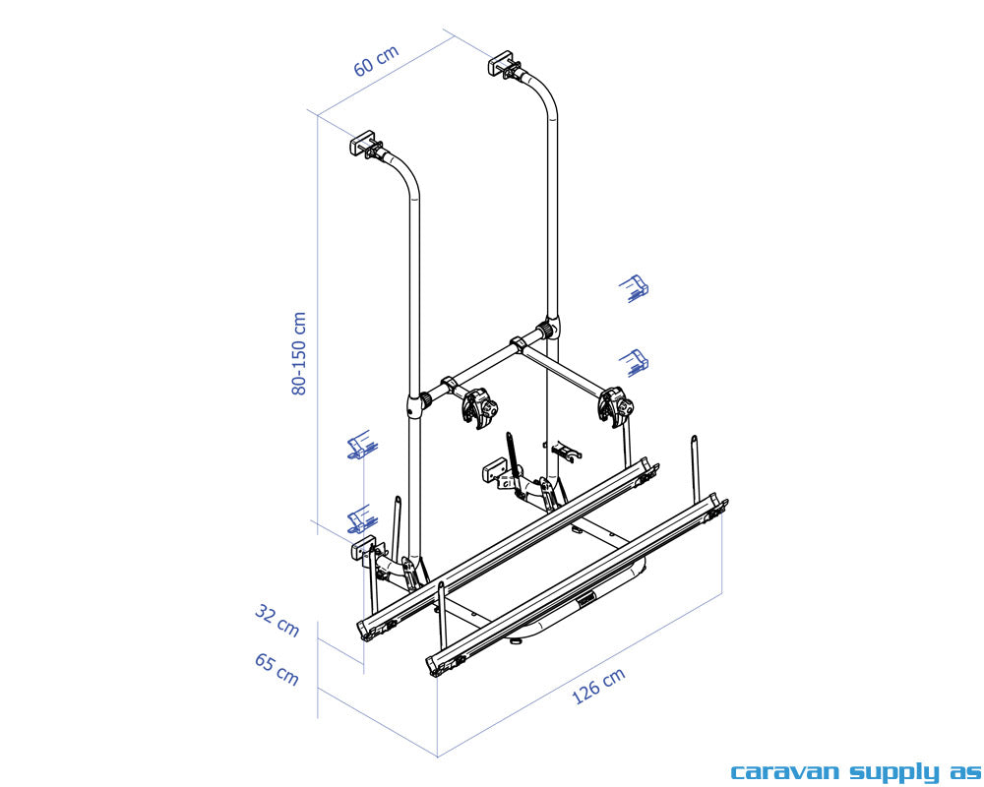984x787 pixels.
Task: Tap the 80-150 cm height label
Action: pyautogui.click(x=299, y=353)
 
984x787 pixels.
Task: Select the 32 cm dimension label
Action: pyautogui.click(x=277, y=620)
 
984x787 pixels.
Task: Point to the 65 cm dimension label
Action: pyautogui.click(x=277, y=669)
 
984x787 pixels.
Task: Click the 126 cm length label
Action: pyautogui.click(x=598, y=686)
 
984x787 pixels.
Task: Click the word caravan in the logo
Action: pyautogui.click(x=785, y=771)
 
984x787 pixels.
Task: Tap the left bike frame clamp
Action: pyautogui.click(x=479, y=408)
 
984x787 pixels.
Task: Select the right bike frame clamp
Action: pyautogui.click(x=616, y=406)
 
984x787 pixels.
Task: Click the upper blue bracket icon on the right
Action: pyautogui.click(x=635, y=288)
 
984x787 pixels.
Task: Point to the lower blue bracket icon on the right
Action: pyautogui.click(x=635, y=363)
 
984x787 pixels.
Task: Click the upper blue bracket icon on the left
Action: pyautogui.click(x=362, y=445)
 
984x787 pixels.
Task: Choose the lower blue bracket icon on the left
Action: pyautogui.click(x=362, y=519)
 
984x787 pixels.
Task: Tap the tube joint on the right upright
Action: pyautogui.click(x=550, y=329)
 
